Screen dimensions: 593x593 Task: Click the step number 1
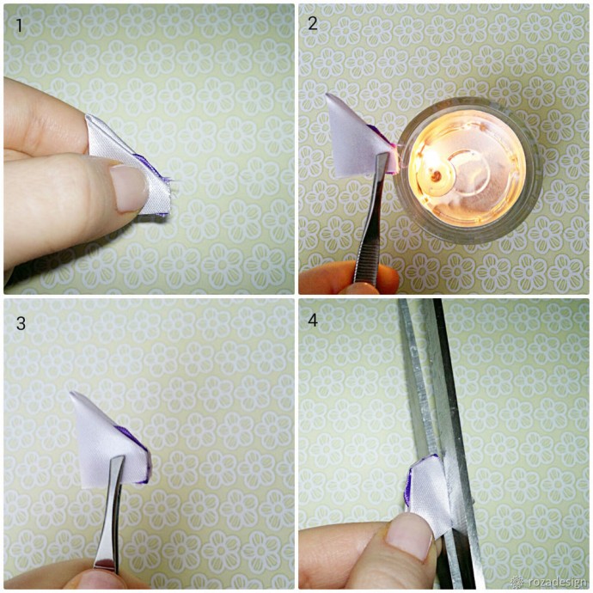(19, 26)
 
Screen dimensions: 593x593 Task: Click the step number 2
(313, 24)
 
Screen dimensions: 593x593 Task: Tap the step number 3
(21, 323)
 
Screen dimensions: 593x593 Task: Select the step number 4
(313, 320)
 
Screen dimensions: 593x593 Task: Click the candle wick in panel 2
(437, 174)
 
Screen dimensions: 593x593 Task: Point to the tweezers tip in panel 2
(383, 156)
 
